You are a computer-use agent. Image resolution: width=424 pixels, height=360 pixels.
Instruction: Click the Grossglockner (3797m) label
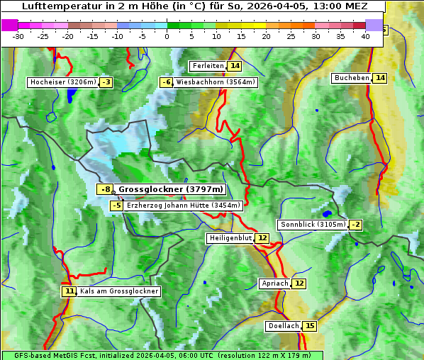click(171, 189)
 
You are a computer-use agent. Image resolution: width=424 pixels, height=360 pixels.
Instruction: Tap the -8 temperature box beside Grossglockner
click(105, 189)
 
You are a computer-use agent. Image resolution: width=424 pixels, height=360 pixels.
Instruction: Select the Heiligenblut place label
click(230, 238)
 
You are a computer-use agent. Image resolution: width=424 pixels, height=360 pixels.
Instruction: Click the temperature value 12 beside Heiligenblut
click(262, 238)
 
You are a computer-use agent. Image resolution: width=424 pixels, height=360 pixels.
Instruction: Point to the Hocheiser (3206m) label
click(62, 82)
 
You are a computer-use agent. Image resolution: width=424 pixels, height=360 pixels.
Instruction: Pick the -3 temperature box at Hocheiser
click(106, 82)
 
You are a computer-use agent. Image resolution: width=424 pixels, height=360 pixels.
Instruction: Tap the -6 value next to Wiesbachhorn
click(167, 82)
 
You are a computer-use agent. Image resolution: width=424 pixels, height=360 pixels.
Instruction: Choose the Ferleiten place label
click(208, 66)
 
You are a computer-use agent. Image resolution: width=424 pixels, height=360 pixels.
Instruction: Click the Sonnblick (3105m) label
click(313, 225)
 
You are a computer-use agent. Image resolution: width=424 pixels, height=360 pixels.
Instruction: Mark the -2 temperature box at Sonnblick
click(356, 225)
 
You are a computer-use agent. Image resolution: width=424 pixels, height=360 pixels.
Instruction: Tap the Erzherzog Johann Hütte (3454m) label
click(184, 206)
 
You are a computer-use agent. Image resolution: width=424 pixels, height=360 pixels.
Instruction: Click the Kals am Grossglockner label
click(119, 291)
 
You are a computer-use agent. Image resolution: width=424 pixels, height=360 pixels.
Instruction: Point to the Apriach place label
click(275, 283)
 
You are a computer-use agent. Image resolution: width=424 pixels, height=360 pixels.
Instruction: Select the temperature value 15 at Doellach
click(310, 326)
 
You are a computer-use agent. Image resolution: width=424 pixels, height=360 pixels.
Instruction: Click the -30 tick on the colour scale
click(18, 36)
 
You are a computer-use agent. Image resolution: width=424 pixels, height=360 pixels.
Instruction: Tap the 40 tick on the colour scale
click(365, 36)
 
